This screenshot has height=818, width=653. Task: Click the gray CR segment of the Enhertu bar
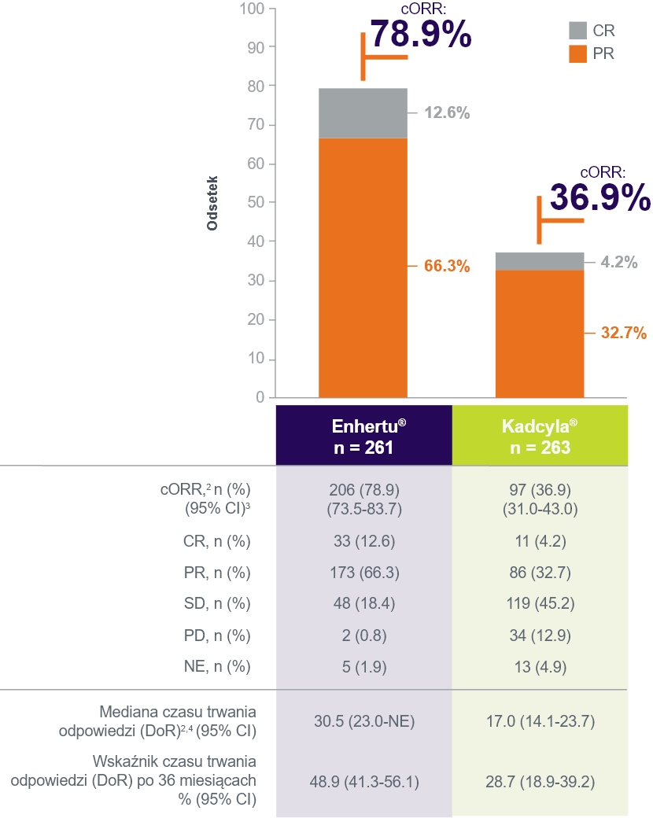363,113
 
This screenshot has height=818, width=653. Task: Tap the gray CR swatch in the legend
578,31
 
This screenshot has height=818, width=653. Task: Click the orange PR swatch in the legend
578,53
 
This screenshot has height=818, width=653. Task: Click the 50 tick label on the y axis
256,203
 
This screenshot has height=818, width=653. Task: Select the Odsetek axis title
212,203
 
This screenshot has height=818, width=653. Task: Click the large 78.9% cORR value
421,34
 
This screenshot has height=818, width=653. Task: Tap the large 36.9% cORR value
600,197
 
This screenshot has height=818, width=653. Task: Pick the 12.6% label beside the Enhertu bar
447,112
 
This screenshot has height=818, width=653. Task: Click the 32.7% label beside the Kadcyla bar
623,333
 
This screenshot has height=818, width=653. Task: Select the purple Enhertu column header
363,436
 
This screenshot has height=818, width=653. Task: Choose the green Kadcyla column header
540,436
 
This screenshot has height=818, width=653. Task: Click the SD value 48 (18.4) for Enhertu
363,603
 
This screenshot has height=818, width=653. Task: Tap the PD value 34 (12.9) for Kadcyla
540,635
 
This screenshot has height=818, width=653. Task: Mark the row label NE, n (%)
221,667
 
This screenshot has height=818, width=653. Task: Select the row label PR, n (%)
221,572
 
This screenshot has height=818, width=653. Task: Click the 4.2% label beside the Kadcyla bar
618,263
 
